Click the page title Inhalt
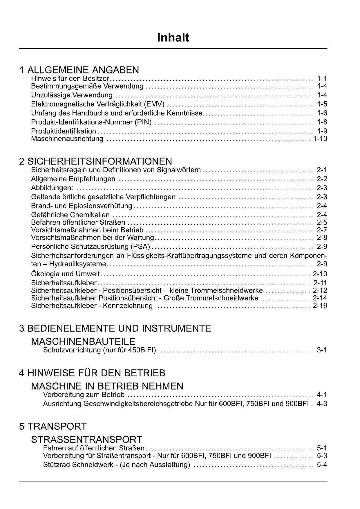pos(173,38)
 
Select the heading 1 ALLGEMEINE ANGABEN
pos(79,70)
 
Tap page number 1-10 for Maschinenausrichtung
pos(320,139)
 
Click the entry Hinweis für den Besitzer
pos(70,78)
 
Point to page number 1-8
pos(322,122)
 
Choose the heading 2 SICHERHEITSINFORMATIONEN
pos(95,161)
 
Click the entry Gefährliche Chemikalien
pos(70,215)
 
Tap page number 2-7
pos(322,230)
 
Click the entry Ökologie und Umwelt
pos(65,274)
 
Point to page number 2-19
pos(320,306)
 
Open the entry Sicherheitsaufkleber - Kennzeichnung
pos(92,306)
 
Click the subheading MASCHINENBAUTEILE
pos(83,341)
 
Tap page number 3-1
pos(322,350)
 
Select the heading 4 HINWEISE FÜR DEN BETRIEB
pos(92,373)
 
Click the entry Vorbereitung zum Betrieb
pos(84,395)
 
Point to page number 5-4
pos(322,465)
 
